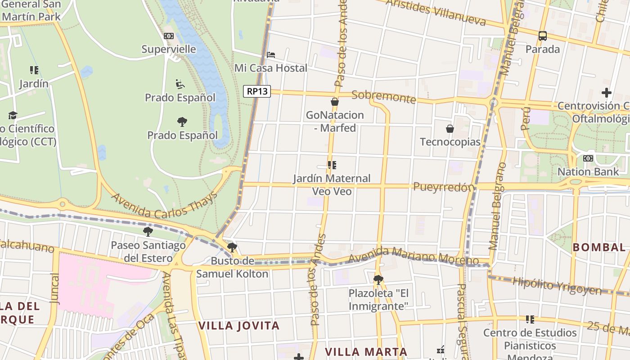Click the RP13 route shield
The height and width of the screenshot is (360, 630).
click(257, 91)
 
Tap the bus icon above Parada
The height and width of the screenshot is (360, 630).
click(543, 36)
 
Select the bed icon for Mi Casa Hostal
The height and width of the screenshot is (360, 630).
click(271, 55)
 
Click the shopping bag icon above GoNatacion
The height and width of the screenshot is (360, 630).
click(335, 102)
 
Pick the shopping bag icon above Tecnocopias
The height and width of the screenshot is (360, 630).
click(450, 129)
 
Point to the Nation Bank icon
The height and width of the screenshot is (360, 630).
click(588, 158)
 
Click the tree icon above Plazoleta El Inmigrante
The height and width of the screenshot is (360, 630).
click(378, 280)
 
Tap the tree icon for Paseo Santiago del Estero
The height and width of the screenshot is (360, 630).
click(148, 232)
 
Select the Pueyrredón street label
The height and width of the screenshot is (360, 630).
click(444, 187)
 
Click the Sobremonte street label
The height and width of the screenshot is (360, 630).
click(383, 97)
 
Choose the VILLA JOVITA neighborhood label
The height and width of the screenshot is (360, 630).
click(239, 326)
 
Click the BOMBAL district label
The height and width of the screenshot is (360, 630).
click(599, 247)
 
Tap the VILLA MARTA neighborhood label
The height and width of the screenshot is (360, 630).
click(366, 352)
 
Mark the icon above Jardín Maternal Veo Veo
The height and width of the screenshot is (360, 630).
click(332, 165)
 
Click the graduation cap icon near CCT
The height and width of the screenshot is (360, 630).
click(13, 116)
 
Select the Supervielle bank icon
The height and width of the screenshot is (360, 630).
click(169, 36)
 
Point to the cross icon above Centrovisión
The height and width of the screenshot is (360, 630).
click(607, 93)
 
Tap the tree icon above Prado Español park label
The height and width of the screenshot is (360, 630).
click(182, 121)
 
